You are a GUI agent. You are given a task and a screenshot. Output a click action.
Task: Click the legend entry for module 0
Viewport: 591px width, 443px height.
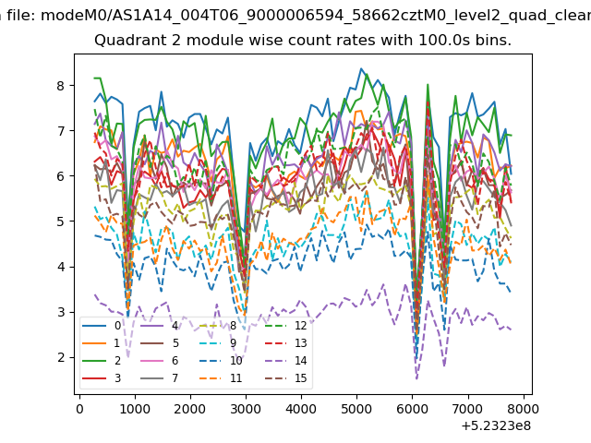[x=102, y=326]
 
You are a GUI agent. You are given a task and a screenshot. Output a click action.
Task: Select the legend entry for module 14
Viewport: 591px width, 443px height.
[x=285, y=361]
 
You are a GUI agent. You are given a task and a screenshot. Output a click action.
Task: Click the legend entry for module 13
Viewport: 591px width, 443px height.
[x=285, y=342]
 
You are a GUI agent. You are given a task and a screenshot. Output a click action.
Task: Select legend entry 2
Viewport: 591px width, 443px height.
[x=102, y=361]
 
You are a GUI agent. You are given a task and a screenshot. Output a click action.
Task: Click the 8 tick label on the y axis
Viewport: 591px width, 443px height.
[x=61, y=86]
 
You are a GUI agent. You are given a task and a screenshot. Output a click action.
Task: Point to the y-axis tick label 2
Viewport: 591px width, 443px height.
[x=61, y=357]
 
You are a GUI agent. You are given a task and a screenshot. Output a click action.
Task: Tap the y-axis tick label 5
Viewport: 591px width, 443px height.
[x=61, y=221]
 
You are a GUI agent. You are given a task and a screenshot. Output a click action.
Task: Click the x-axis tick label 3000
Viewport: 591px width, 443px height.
[x=246, y=409]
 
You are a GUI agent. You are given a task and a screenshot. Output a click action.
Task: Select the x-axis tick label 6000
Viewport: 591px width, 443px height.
[x=413, y=409]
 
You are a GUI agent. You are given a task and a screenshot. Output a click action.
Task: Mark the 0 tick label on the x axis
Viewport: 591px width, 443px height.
[x=79, y=409]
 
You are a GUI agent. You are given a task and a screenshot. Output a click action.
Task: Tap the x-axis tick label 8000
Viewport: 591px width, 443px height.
[x=523, y=409]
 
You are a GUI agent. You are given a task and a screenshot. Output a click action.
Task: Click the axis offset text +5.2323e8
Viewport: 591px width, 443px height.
[x=496, y=426]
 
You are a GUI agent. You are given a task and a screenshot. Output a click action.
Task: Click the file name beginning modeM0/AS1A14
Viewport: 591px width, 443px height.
[x=316, y=16]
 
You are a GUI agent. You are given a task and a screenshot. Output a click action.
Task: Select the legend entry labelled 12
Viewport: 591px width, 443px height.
[x=285, y=326]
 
